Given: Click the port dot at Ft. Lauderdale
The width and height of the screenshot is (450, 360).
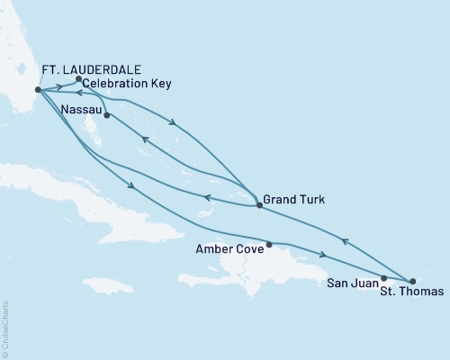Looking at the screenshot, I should pos(37,90).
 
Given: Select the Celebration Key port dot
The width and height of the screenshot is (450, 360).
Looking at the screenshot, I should pos(79,79).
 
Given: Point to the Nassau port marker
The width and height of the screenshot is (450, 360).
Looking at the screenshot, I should pos(106,115).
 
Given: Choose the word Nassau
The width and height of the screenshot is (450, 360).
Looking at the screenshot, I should pos(81,109).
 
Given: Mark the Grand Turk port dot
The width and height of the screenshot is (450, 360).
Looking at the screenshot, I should pos(259,206).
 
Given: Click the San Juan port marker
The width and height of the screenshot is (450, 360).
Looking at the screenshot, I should pos(384,278).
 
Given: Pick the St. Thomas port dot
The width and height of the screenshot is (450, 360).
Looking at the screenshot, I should pos(413,282).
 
